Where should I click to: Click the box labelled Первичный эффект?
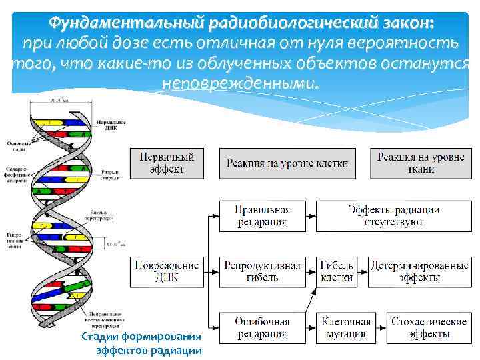tap(167, 163)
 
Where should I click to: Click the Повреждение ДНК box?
tap(167, 271)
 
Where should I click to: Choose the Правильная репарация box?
tap(262, 216)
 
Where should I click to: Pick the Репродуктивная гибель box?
tap(262, 271)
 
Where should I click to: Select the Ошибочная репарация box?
tap(262, 327)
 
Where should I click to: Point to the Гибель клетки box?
tap(337, 271)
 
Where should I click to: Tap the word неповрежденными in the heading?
tap(241, 85)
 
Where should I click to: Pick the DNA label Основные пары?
tap(16, 144)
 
